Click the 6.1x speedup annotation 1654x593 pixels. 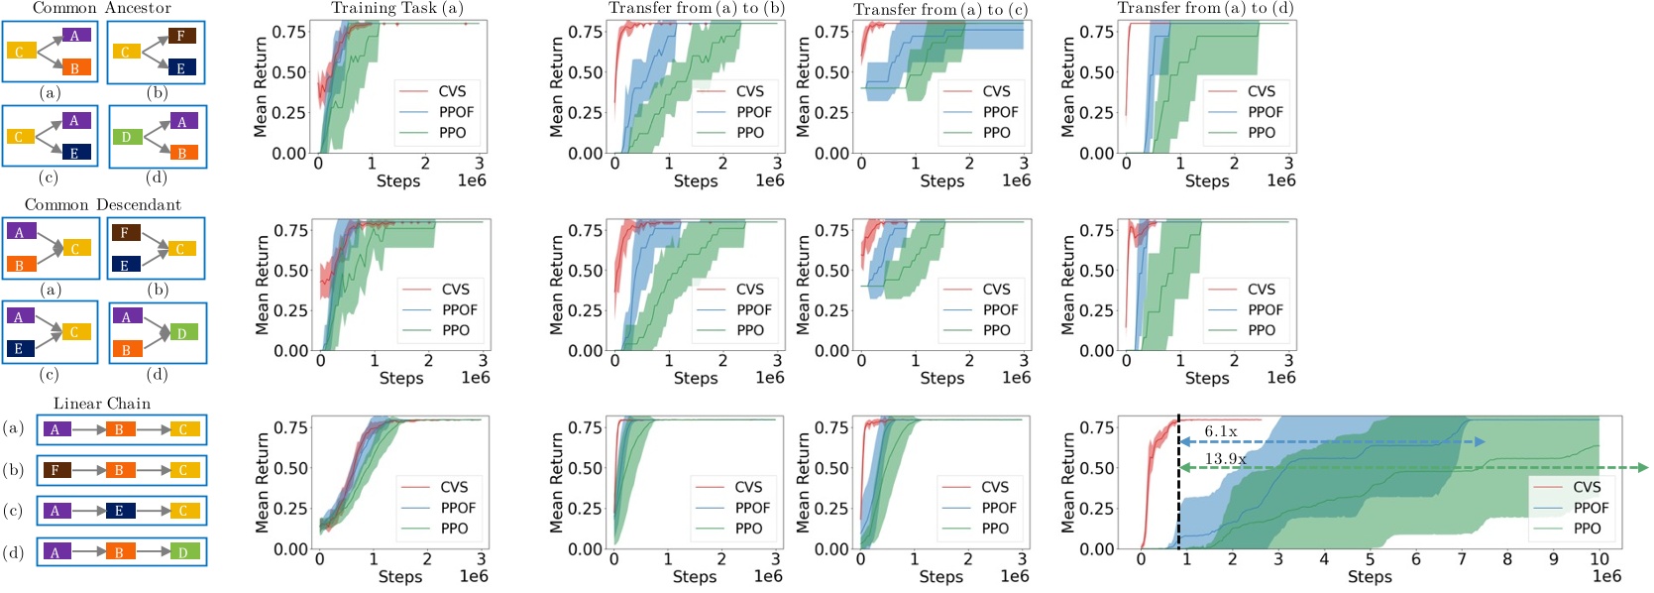pyautogui.click(x=1220, y=431)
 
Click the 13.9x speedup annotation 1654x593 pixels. pyautogui.click(x=1225, y=459)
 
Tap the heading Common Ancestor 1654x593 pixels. pyautogui.click(x=102, y=8)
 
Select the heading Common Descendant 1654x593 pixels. pyautogui.click(x=103, y=205)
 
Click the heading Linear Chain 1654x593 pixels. pyautogui.click(x=102, y=404)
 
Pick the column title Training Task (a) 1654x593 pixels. pyautogui.click(x=397, y=8)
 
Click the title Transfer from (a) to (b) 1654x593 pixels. pyautogui.click(x=697, y=8)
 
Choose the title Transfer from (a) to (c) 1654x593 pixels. pyautogui.click(x=940, y=9)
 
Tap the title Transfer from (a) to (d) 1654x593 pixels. pyautogui.click(x=1205, y=8)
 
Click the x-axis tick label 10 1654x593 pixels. pyautogui.click(x=1599, y=559)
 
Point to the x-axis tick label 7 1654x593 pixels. pyautogui.click(x=1462, y=559)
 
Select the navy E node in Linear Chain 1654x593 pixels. pyautogui.click(x=119, y=511)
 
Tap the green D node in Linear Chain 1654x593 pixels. pyautogui.click(x=183, y=551)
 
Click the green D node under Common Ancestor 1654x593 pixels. pyautogui.click(x=126, y=137)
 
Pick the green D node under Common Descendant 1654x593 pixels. pyautogui.click(x=181, y=333)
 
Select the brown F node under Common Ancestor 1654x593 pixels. pyautogui.click(x=180, y=36)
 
